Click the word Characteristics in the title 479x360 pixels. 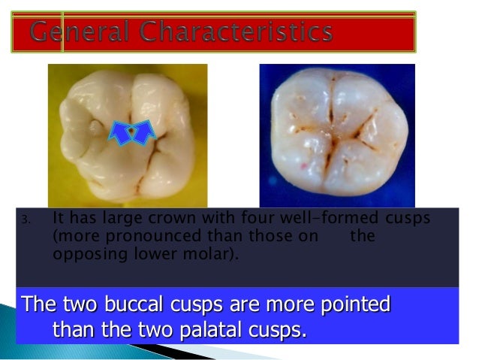pos(229,32)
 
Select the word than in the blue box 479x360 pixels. pos(74,330)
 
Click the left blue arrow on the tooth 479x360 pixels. pos(121,132)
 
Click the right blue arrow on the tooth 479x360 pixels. pos(143,132)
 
